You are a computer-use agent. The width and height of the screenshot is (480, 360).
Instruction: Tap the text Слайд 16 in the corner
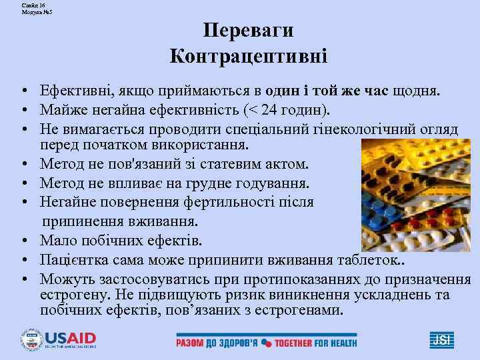[33, 5]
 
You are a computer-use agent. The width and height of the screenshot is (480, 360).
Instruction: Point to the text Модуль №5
[37, 12]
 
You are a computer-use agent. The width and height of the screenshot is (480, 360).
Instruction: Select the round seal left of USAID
[31, 339]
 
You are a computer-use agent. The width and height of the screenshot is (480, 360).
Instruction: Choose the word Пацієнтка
[72, 259]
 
